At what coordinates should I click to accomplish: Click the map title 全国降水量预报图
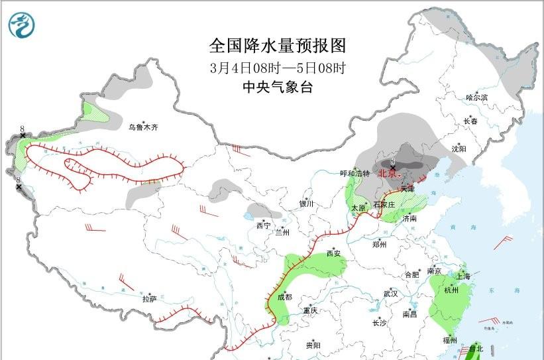(x=278, y=46)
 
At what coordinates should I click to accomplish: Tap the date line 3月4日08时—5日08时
(x=278, y=68)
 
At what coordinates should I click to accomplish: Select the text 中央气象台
(x=278, y=87)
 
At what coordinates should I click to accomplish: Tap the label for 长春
(x=470, y=121)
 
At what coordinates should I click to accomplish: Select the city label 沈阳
(x=459, y=149)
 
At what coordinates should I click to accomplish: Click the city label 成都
(x=284, y=297)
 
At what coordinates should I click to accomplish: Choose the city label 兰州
(x=283, y=233)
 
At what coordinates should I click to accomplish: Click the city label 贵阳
(x=313, y=345)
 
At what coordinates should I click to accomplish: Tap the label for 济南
(x=409, y=218)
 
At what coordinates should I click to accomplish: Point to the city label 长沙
(x=379, y=324)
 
